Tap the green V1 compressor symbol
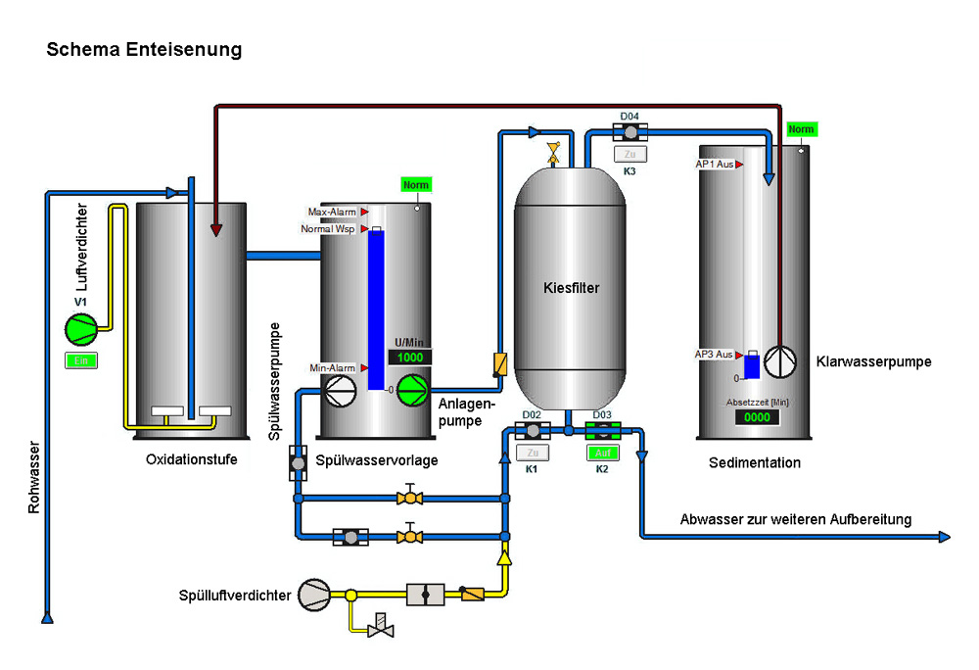[80, 330]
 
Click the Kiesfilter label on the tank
[571, 288]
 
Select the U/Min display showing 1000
[410, 358]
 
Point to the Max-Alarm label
[332, 212]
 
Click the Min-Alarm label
[332, 367]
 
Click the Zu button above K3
[629, 154]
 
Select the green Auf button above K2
[602, 453]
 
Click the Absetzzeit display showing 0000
[757, 417]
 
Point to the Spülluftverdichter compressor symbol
[316, 593]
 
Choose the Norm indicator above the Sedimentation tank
[801, 130]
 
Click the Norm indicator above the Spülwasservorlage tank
[415, 185]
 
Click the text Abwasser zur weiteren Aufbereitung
[796, 519]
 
